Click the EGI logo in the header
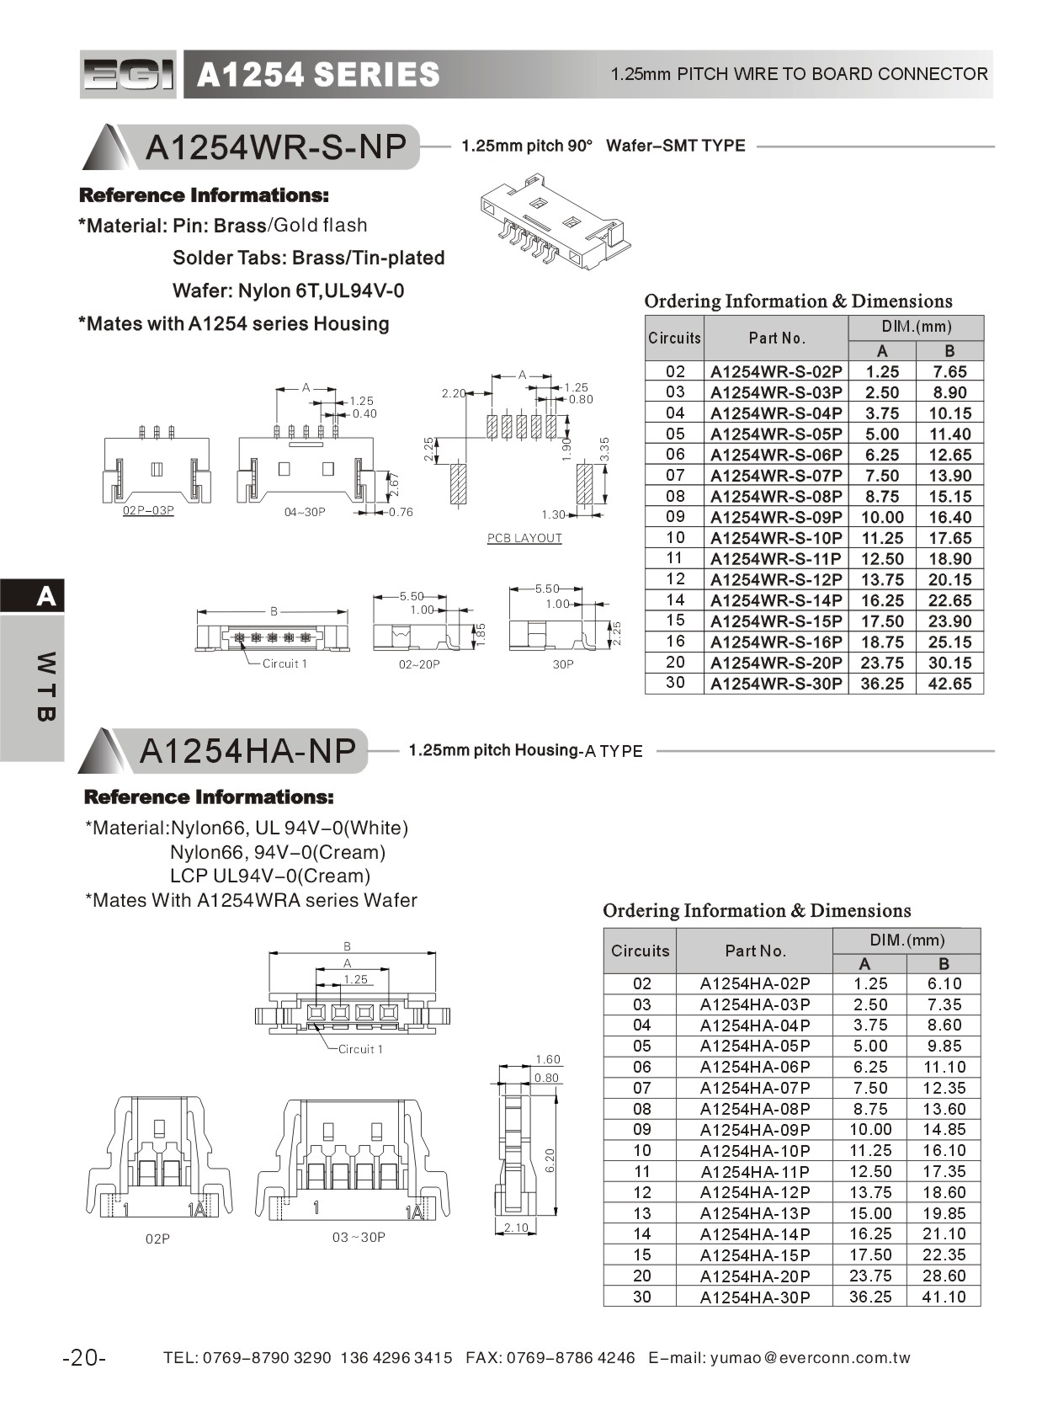[x=128, y=75]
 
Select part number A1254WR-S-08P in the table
[x=776, y=497]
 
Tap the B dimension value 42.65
[x=949, y=685]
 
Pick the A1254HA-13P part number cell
[x=755, y=1214]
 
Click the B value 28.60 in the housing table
[x=944, y=1276]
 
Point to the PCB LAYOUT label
[x=524, y=538]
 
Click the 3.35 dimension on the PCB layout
[x=603, y=449]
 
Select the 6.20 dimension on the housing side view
[x=550, y=1160]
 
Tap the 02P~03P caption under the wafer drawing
[x=148, y=511]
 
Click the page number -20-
[x=84, y=1358]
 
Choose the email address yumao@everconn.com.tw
[x=810, y=1358]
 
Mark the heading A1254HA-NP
[x=247, y=750]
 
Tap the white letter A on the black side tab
[x=46, y=596]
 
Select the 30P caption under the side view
[x=563, y=664]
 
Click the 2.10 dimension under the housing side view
[x=516, y=1228]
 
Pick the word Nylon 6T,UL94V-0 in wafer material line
[x=321, y=291]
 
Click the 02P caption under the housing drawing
[x=157, y=1239]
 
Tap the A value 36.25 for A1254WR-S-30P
[x=881, y=685]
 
